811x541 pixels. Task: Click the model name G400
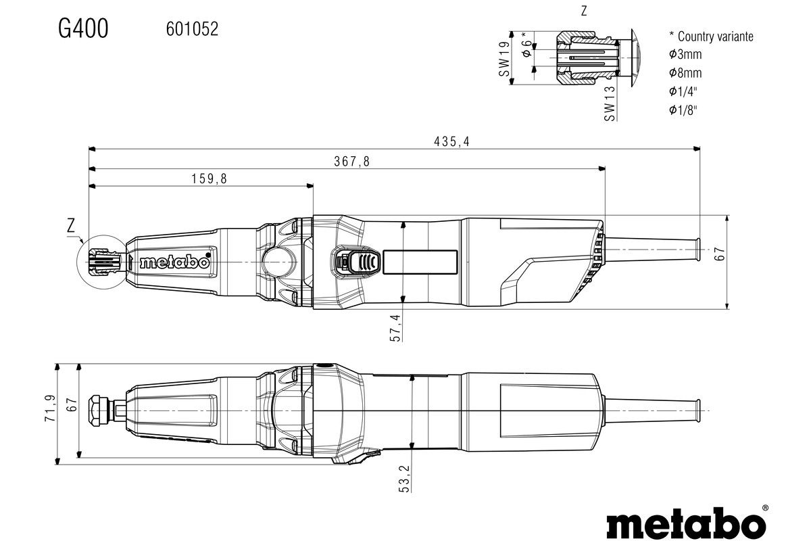pyautogui.click(x=83, y=29)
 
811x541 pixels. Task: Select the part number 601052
pyautogui.click(x=192, y=29)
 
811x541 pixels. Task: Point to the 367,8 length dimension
pyautogui.click(x=352, y=162)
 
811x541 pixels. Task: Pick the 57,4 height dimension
pyautogui.click(x=396, y=327)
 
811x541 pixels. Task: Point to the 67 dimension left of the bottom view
pyautogui.click(x=72, y=404)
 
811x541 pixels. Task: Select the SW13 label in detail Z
pyautogui.click(x=610, y=103)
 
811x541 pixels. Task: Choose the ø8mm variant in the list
pyautogui.click(x=685, y=73)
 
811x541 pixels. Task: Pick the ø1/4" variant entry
pyautogui.click(x=683, y=91)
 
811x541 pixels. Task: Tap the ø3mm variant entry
pyautogui.click(x=685, y=55)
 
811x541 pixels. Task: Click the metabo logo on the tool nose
pyautogui.click(x=175, y=262)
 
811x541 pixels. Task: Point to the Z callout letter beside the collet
pyautogui.click(x=72, y=226)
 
